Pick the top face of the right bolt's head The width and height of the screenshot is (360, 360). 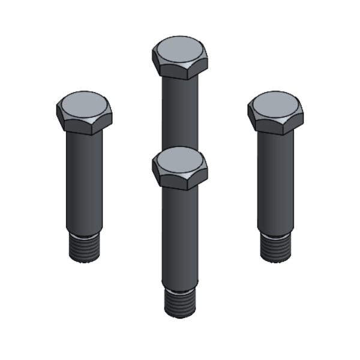[275, 104]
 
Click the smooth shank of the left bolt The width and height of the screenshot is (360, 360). [84, 180]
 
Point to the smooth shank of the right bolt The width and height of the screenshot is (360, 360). [275, 180]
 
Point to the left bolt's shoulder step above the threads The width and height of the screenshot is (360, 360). [84, 233]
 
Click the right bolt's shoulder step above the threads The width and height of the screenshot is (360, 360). [275, 233]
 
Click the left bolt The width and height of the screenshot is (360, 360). [84, 168]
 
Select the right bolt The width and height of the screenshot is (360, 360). [275, 168]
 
